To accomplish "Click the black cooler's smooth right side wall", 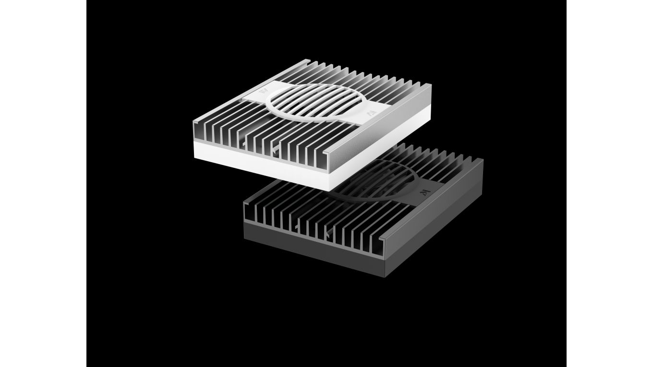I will pos(435,216).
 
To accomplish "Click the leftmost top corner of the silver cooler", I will pos(193,122).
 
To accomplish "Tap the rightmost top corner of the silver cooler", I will pos(430,85).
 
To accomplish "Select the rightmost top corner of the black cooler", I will pos(483,160).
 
